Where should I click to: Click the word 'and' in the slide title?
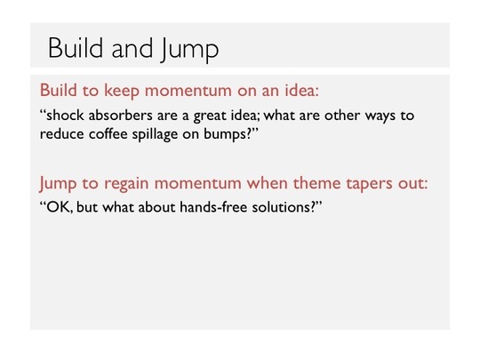point(132,48)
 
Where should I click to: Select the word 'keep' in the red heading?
point(122,91)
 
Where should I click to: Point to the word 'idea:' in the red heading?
point(302,91)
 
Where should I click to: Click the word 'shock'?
point(65,116)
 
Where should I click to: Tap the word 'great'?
point(209,116)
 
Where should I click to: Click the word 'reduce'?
point(61,134)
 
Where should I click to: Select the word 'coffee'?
point(108,134)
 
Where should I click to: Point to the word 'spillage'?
point(155,135)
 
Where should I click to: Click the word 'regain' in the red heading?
point(126,184)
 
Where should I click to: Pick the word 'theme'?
point(316,183)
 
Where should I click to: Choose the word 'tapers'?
point(370,184)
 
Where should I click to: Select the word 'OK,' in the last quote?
point(60,207)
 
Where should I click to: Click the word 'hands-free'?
point(213,207)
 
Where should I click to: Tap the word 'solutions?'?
point(284,207)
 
